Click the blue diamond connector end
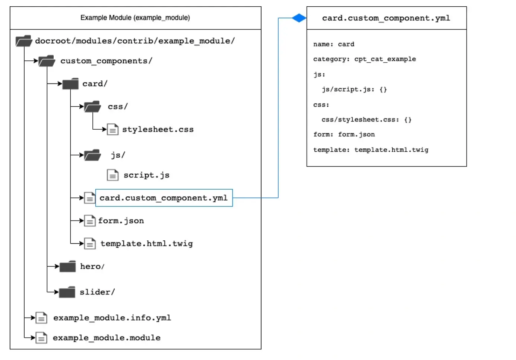pos(299,18)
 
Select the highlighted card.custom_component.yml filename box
pos(164,198)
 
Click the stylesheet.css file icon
pos(113,129)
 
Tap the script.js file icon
pos(113,175)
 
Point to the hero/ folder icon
pos(67,266)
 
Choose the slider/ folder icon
pos(67,292)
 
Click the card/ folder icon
pos(70,83)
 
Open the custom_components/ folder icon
pos(47,61)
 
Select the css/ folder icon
pos(92,107)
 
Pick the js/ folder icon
pos(92,155)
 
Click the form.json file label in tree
pos(121,221)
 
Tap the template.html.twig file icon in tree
pos(90,243)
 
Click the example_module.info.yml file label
pos(112,318)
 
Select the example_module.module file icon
pos(41,338)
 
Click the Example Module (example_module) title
pos(135,18)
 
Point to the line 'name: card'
pos(333,44)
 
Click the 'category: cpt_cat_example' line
pos(364,59)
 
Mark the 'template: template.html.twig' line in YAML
pos(371,150)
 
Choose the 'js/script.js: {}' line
pos(354,89)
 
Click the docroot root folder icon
pos(24,41)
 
